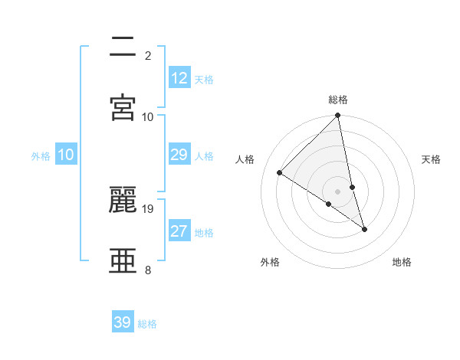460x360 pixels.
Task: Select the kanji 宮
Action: coord(123,106)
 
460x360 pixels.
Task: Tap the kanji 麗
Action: coord(123,199)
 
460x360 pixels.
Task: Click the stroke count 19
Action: coord(148,208)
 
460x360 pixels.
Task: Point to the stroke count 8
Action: coord(148,270)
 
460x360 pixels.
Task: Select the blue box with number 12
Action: coord(179,78)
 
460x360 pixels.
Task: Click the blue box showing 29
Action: coord(179,155)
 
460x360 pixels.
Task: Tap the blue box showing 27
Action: coord(179,231)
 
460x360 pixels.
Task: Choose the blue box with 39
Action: coord(123,322)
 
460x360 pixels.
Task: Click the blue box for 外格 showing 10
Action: coord(66,155)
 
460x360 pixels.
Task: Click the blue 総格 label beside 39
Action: coord(147,324)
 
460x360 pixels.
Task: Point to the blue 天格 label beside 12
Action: coord(204,80)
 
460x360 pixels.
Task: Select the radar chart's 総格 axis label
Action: coord(338,100)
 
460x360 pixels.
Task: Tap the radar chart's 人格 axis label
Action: coord(245,159)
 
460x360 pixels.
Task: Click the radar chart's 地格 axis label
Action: coord(402,262)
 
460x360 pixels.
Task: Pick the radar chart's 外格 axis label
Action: coord(270,262)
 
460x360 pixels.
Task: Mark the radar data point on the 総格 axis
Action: coord(338,116)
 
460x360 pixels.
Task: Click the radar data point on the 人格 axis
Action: coord(280,172)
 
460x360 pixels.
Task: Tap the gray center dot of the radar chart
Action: coord(338,191)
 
